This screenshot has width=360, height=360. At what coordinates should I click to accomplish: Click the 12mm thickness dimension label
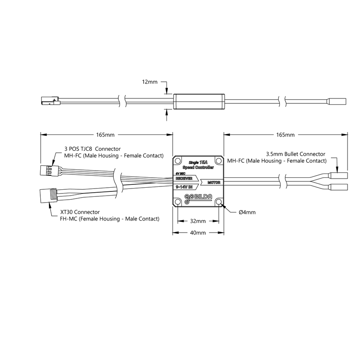149,82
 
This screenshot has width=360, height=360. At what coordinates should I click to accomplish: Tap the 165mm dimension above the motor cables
285,135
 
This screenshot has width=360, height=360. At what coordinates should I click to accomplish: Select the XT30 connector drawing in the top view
48,195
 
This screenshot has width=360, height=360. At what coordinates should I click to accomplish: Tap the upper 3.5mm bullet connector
339,175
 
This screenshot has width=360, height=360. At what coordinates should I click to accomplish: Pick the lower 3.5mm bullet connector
339,187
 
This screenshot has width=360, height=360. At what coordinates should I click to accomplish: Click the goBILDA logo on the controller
198,198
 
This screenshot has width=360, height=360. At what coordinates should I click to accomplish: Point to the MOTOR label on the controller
213,182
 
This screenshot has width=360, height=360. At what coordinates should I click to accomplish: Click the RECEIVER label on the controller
184,178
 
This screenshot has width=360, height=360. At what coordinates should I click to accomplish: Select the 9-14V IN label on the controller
184,187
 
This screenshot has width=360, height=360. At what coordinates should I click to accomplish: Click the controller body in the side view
198,102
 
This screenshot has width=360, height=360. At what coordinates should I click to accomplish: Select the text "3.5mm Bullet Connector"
296,154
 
